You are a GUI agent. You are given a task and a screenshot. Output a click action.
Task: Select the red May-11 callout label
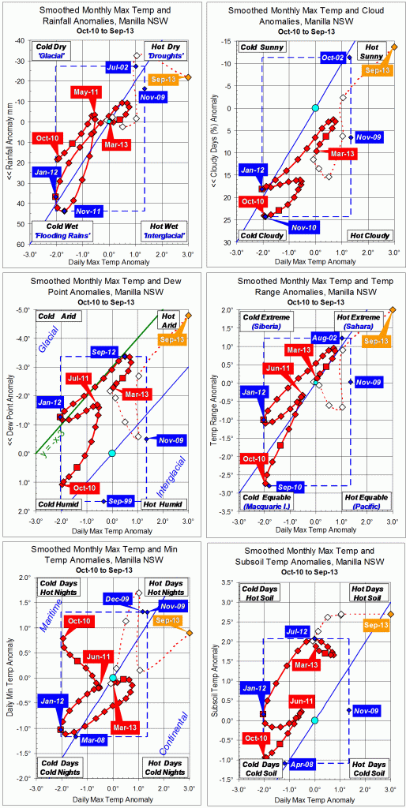coord(88,93)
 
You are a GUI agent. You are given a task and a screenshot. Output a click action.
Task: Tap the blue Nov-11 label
coord(92,211)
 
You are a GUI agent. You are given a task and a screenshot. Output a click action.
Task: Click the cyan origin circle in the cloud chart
coord(314,107)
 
